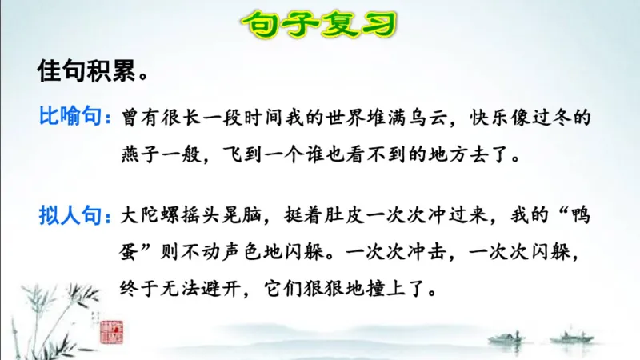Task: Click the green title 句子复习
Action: point(320,22)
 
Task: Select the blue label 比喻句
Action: point(71,118)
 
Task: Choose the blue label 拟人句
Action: point(71,215)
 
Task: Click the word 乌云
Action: point(417,119)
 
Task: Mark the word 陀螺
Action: point(162,216)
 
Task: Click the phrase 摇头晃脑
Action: point(223,216)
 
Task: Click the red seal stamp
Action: point(108,329)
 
